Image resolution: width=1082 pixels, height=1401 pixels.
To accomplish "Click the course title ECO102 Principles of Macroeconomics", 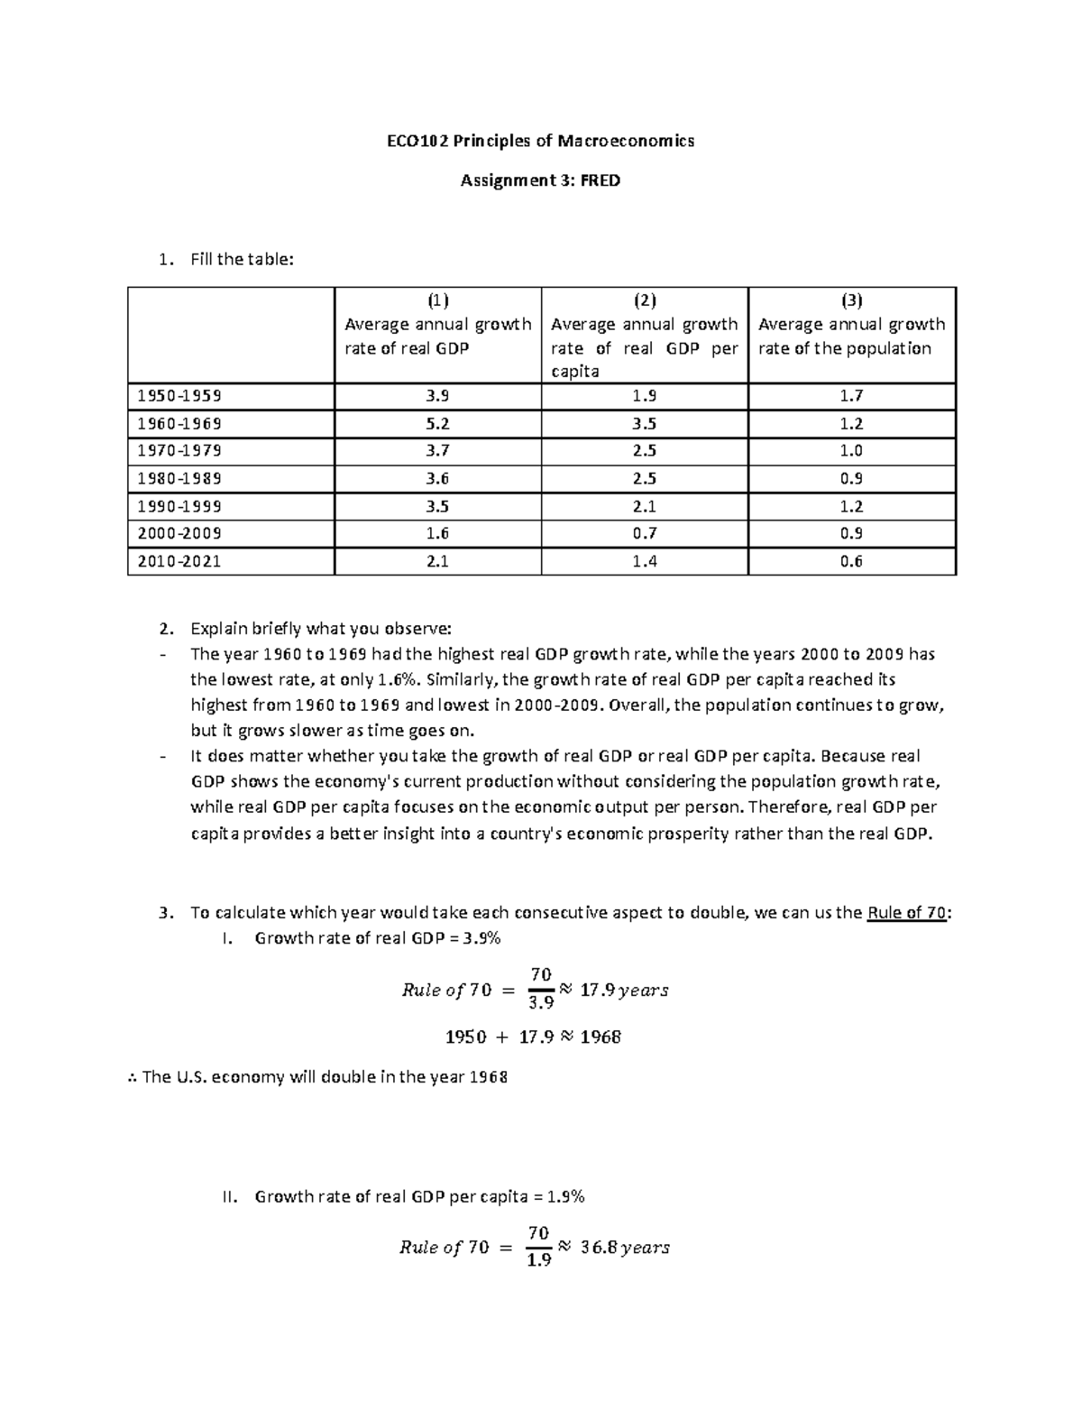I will point(540,141).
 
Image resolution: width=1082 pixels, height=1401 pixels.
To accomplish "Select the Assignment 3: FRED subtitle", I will point(540,180).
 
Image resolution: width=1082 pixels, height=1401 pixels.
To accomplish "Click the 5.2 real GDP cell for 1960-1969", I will point(438,423).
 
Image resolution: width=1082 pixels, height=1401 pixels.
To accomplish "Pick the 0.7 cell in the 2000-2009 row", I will point(645,533).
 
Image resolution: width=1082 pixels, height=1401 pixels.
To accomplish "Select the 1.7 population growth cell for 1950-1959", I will point(851,395).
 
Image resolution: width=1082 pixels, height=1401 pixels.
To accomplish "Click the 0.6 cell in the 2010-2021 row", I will point(851,561).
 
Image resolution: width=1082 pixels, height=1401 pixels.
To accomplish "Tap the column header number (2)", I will point(645,300).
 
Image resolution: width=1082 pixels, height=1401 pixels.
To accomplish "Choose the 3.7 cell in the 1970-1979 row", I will point(438,450).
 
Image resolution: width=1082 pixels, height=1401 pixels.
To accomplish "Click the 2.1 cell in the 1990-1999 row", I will point(645,506).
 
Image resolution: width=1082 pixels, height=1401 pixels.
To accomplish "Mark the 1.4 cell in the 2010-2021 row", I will point(645,561).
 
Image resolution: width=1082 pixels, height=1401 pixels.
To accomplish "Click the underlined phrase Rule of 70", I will point(906,912).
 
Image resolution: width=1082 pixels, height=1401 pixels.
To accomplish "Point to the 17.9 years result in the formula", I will point(624,990).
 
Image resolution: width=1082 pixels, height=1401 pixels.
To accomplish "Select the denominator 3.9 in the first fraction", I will point(540,1002).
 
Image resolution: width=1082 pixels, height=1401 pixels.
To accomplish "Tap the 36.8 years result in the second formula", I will point(625,1247).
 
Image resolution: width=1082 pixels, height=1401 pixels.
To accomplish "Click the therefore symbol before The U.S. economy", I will point(133,1077).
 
